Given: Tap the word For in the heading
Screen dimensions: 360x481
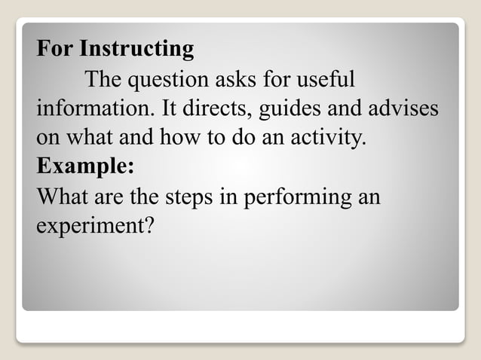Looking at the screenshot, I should click(56, 50).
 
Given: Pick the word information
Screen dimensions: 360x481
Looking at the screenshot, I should click(94, 108).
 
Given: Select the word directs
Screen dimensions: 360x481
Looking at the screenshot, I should click(219, 108).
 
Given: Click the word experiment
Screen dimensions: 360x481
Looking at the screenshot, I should click(94, 226).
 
